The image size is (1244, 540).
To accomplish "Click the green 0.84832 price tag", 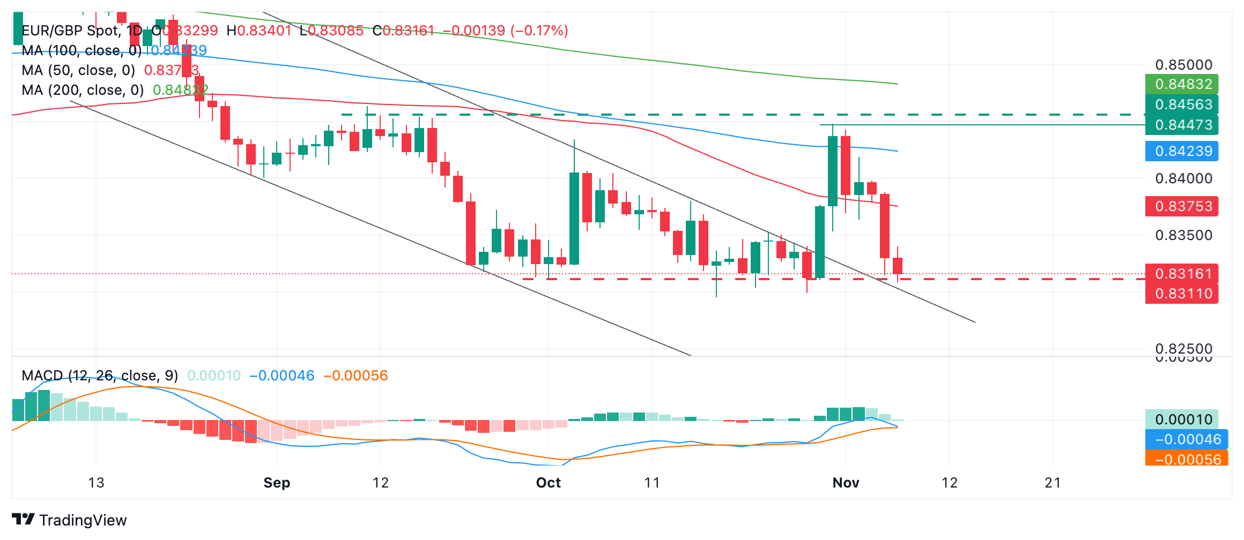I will [1182, 84].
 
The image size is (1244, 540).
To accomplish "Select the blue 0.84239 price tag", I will [1182, 151].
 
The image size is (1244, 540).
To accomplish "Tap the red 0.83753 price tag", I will [1182, 206].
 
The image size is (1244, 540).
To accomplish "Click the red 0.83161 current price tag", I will [1182, 274].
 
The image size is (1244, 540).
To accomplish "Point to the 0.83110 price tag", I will [1182, 294].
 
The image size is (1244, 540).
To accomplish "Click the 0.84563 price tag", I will [1182, 104].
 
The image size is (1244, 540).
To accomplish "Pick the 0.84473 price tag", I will [1182, 125].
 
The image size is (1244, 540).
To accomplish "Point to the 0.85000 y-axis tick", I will [1183, 65].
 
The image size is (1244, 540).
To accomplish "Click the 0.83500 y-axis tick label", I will [1183, 235].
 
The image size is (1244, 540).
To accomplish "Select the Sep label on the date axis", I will [277, 483].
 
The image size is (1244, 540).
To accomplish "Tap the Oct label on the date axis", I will [548, 483].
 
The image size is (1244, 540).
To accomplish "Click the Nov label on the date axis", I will [846, 483].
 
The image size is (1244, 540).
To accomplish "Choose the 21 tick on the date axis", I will [1053, 483].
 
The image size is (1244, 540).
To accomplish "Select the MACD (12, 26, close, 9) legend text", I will [100, 376].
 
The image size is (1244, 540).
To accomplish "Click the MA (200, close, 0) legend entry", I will [83, 90].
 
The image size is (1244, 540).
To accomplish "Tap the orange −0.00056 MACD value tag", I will [1187, 459].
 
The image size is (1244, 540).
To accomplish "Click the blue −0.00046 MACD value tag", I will [1187, 439].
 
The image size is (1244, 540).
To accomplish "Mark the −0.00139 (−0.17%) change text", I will [506, 31].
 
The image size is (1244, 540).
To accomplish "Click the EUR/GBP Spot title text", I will [70, 31].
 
